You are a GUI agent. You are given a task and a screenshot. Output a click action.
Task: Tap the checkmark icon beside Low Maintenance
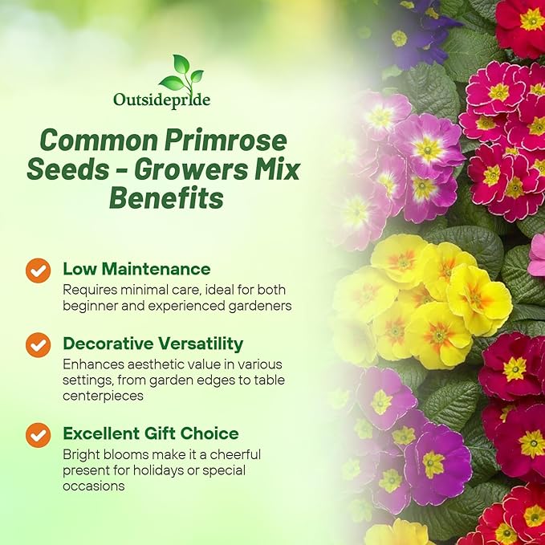coord(38,270)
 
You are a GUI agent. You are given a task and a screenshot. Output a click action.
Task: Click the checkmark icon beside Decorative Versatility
coord(38,345)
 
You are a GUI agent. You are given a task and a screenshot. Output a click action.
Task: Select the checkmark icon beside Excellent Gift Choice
coord(38,434)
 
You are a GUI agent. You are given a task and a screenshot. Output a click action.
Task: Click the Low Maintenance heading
coord(136,268)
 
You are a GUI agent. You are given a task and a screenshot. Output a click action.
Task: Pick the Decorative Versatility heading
coord(153,344)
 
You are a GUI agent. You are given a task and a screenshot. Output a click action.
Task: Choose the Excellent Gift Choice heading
coord(150,433)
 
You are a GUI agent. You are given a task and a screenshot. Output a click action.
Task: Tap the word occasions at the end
coord(93,485)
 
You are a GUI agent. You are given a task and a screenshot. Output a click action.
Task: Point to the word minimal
coord(138,290)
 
